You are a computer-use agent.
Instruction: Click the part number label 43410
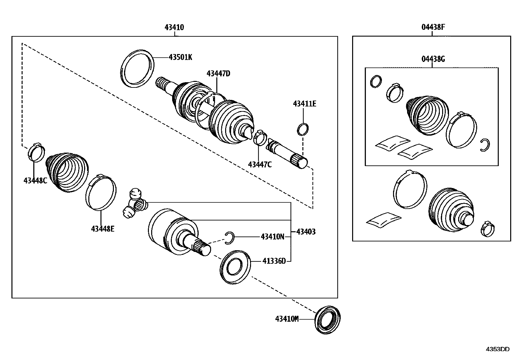pyautogui.click(x=174, y=28)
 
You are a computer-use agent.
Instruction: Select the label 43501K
pyautogui.click(x=180, y=57)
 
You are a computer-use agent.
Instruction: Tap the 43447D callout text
pyautogui.click(x=218, y=74)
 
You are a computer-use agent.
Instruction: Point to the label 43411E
pyautogui.click(x=305, y=104)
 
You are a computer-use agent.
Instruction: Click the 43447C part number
pyautogui.click(x=260, y=164)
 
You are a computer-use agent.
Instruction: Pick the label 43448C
pyautogui.click(x=35, y=180)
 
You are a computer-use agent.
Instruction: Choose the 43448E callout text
pyautogui.click(x=103, y=229)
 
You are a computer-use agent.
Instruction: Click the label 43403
pyautogui.click(x=306, y=232)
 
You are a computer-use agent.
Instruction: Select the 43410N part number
pyautogui.click(x=272, y=237)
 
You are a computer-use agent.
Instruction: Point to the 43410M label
pyautogui.click(x=287, y=319)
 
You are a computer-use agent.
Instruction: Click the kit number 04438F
pyautogui.click(x=433, y=28)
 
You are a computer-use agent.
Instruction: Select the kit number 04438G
pyautogui.click(x=433, y=59)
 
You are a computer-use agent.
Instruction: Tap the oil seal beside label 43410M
pyautogui.click(x=328, y=319)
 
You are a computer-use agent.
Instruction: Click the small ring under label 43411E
pyautogui.click(x=303, y=129)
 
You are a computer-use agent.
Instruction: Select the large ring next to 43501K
pyautogui.click(x=137, y=68)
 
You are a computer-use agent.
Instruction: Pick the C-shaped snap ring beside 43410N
pyautogui.click(x=230, y=238)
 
